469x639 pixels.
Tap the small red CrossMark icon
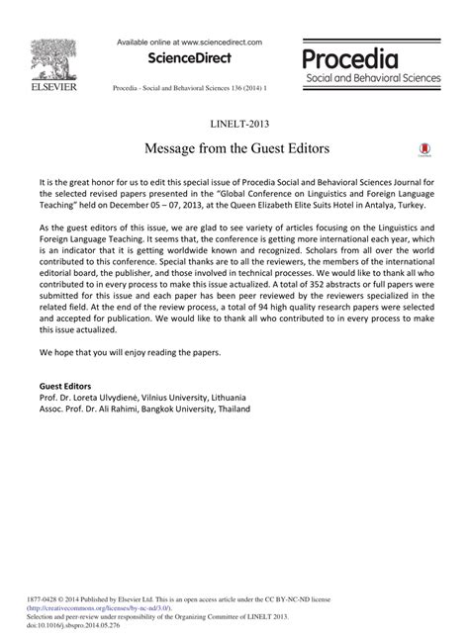point(424,150)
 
